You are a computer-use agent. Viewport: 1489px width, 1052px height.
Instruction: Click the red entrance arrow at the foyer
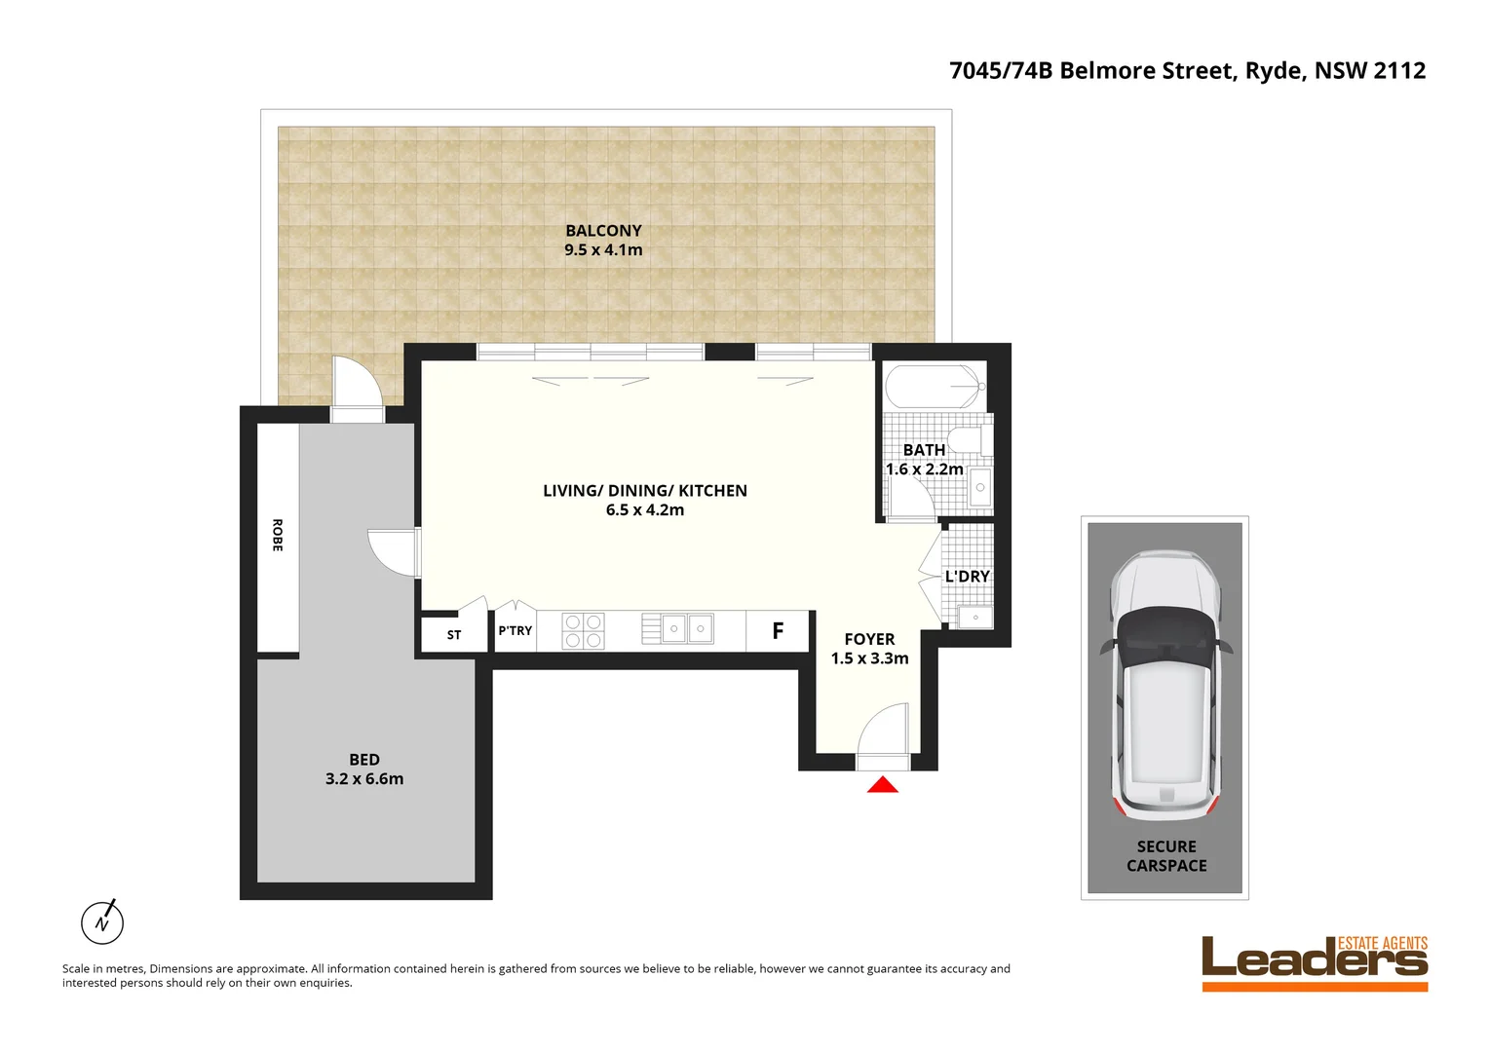pos(883,784)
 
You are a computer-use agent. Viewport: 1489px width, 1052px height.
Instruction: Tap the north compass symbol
pos(102,921)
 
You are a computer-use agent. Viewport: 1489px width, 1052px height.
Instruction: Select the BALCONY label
pos(603,231)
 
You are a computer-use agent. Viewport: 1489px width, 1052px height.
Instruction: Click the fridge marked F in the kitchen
pos(778,631)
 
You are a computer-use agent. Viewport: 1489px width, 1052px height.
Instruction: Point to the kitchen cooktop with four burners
pos(584,631)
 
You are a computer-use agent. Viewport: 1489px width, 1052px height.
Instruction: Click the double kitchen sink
pos(687,629)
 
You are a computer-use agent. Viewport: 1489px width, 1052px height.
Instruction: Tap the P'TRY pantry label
pos(515,631)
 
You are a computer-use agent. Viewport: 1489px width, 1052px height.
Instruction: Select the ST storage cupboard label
pos(454,635)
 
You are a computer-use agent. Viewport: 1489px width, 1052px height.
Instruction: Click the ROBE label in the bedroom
pos(278,536)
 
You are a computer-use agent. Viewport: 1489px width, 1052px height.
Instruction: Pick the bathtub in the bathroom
pos(933,387)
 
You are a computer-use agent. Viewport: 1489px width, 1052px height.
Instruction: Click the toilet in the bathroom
pos(968,440)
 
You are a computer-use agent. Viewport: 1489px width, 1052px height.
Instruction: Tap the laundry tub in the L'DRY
pos(974,617)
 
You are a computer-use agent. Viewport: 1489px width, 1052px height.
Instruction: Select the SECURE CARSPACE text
pos(1166,856)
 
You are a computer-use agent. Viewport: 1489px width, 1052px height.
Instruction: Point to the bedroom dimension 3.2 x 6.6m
pos(364,779)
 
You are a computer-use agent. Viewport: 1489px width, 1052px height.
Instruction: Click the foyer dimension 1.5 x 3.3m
pos(869,658)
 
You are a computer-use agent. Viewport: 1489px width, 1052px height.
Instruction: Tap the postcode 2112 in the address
pos(1399,71)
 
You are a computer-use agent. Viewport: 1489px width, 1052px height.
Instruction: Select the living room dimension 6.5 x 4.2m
pos(645,510)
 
